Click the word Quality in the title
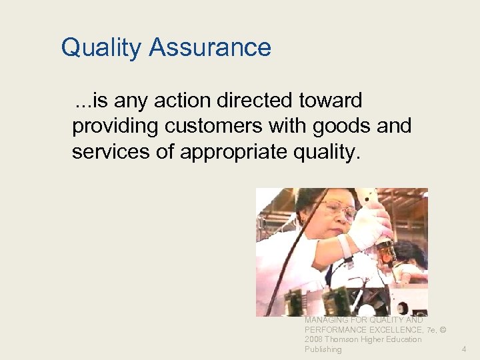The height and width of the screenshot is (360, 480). [x=101, y=48]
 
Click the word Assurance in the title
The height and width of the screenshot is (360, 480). [x=210, y=48]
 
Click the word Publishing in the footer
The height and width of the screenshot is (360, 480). [x=323, y=349]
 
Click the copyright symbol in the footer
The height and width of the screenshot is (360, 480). [x=442, y=330]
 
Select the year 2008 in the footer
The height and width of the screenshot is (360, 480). [x=313, y=339]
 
